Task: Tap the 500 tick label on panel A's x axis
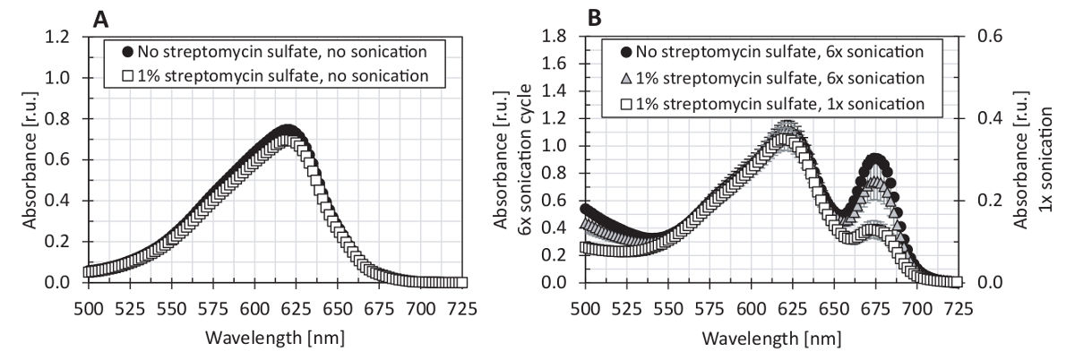[x=88, y=299]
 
